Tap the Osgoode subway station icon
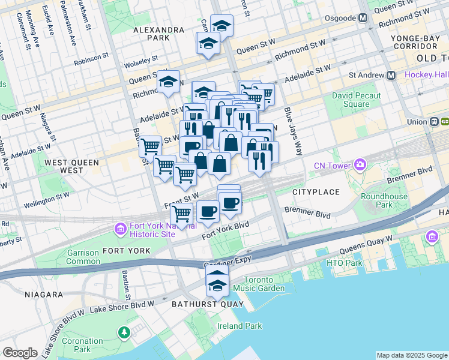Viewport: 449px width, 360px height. click(363, 18)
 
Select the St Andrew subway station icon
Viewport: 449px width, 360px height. click(391, 76)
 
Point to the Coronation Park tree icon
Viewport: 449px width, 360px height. click(124, 332)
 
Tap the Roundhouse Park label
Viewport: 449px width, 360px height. click(384, 200)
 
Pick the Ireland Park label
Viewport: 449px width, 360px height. click(240, 326)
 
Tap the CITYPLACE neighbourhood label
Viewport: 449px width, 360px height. click(316, 192)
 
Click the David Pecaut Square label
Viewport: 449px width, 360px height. click(357, 100)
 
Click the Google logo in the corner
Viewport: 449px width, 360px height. click(20, 352)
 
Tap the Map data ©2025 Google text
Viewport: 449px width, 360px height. click(411, 355)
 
